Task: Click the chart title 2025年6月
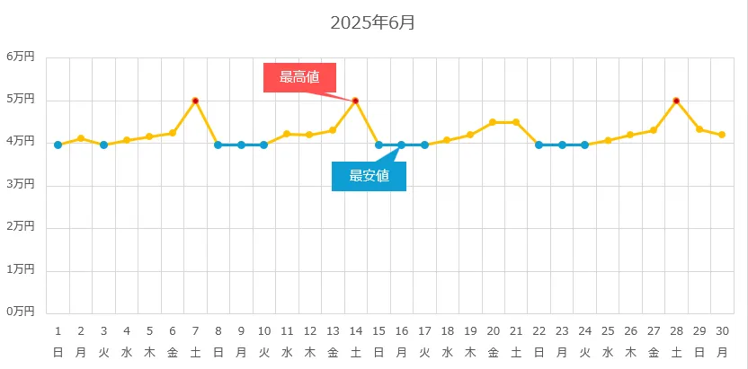point(372,22)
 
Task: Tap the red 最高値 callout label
point(299,77)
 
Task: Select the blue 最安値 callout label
point(369,176)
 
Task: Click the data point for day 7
point(195,101)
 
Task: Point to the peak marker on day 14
point(355,101)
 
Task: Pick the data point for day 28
point(676,101)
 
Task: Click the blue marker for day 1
point(58,145)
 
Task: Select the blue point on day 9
point(241,145)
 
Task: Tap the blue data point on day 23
point(562,145)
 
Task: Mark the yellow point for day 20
point(493,122)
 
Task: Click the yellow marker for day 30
point(722,135)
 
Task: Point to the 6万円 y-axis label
point(20,56)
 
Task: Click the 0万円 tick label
point(20,312)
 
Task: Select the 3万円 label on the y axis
point(20,184)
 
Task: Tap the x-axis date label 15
point(378,330)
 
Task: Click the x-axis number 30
point(722,330)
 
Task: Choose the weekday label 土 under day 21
point(516,351)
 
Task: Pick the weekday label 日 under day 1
point(58,351)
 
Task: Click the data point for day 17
point(424,145)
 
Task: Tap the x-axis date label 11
point(287,330)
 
